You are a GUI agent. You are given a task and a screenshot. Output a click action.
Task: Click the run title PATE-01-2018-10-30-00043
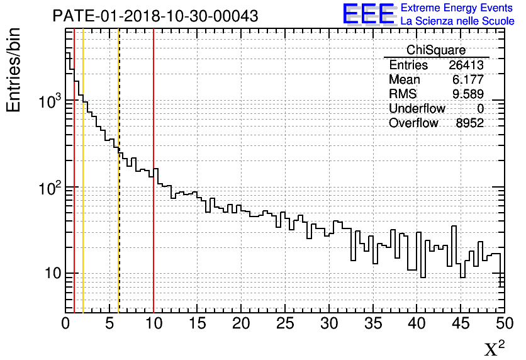155,16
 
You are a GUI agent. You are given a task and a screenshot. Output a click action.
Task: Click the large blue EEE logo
368,14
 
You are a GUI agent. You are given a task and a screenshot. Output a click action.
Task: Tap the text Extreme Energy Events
457,8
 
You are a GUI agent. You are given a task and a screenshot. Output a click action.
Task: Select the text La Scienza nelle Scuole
457,21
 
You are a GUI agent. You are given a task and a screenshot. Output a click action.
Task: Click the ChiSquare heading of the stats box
436,50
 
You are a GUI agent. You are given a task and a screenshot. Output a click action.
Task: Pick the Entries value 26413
466,65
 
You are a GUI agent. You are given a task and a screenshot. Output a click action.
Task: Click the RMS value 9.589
469,94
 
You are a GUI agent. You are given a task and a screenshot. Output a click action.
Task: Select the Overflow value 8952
469,123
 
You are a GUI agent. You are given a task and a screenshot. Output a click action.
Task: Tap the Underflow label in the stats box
417,109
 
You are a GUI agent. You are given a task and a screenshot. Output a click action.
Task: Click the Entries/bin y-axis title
14,69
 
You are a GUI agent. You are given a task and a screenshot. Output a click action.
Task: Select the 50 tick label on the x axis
503,323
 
